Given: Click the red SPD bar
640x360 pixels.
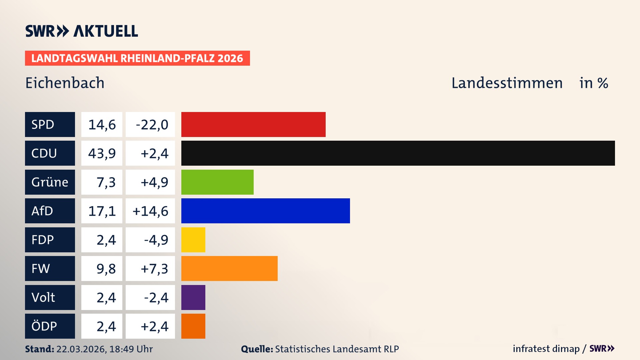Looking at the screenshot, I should [x=253, y=124].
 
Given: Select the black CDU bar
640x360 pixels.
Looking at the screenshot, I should [x=398, y=153].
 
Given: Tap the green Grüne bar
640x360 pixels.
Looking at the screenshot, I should [x=217, y=182].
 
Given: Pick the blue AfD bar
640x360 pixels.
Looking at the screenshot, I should [x=265, y=211].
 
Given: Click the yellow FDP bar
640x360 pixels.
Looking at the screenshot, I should [x=193, y=240].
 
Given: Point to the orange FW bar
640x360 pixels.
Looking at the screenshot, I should [x=229, y=268].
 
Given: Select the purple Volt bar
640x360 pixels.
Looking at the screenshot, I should [x=193, y=297].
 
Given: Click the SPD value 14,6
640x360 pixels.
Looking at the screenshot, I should [x=102, y=125].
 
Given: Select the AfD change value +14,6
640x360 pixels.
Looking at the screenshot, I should [x=150, y=211].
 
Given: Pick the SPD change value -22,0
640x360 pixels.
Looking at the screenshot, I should [x=152, y=125].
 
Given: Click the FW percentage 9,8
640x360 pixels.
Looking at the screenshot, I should [x=106, y=269].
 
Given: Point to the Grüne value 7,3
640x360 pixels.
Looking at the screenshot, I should [x=106, y=182].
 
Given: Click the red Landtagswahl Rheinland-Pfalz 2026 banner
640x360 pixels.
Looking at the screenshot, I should [x=137, y=58].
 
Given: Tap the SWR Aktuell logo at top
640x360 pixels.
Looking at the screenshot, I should [x=82, y=31].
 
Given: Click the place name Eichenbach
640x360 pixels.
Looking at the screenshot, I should [x=65, y=83].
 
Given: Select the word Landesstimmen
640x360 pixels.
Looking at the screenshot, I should [x=507, y=83].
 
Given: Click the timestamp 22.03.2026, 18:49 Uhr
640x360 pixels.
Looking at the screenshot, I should [x=104, y=349].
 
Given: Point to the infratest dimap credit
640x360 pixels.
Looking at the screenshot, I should [x=546, y=349].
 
